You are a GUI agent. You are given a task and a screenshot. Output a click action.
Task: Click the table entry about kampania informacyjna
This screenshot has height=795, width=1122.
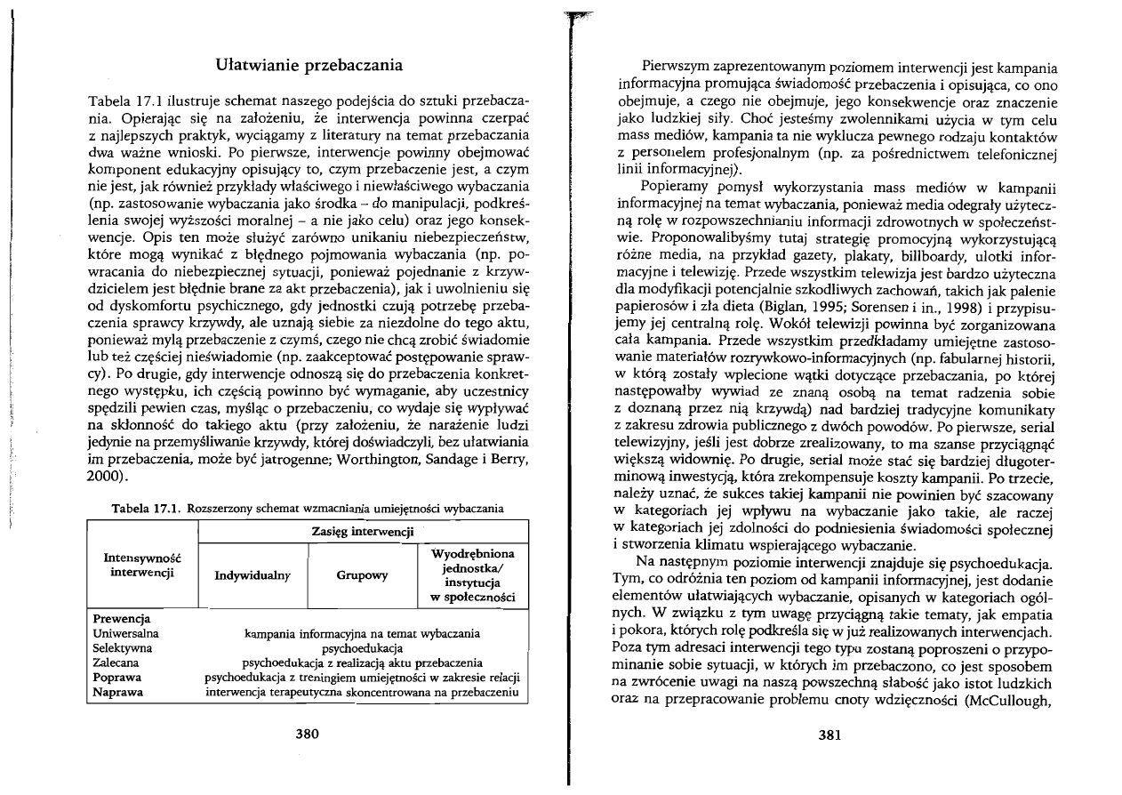362,633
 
